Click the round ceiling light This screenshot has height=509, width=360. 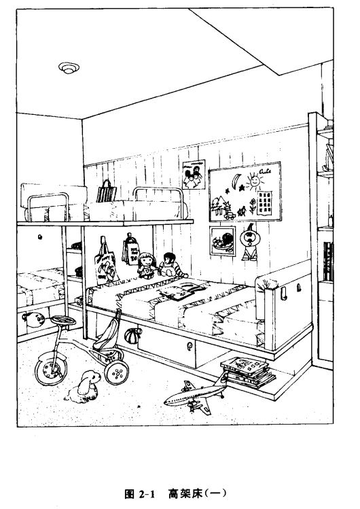click(x=69, y=68)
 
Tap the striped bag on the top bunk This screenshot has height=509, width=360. click(x=106, y=192)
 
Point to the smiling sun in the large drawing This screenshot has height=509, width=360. click(x=254, y=181)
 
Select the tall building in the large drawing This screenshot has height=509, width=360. click(x=264, y=203)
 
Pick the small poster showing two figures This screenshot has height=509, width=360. click(x=194, y=175)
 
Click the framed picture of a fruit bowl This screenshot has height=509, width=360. click(x=222, y=241)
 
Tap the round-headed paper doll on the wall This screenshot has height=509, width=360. click(x=249, y=241)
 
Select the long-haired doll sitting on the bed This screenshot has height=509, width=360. click(x=146, y=265)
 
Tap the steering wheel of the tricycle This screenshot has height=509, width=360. click(x=64, y=320)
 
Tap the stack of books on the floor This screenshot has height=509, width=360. click(x=248, y=372)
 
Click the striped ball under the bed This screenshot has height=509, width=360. click(x=133, y=335)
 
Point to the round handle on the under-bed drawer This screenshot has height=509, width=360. click(x=189, y=347)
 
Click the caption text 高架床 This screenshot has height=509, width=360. click(x=185, y=494)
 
